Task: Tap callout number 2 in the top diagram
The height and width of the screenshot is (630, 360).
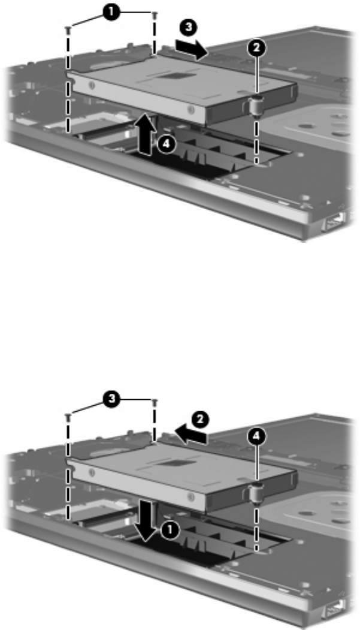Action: coord(256,48)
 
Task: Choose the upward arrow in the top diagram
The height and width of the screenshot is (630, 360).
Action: coord(147,133)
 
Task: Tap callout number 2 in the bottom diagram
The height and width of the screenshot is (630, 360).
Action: coord(200,421)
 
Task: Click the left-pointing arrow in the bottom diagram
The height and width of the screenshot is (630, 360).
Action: coord(191,435)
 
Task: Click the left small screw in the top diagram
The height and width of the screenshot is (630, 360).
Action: coord(67,29)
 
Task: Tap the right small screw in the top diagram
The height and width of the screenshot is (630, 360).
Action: coord(155,14)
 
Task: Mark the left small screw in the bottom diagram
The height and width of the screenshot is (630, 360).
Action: coord(67,416)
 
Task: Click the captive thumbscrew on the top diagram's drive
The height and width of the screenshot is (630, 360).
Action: coord(253,105)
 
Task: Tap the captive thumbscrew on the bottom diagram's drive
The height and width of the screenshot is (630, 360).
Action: coord(253,493)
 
